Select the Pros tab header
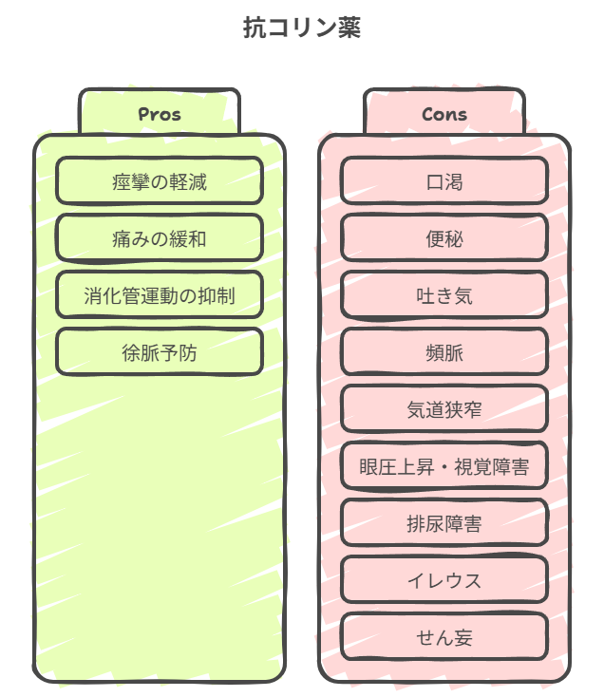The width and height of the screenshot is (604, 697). (x=159, y=114)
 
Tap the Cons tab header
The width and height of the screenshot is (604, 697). (x=444, y=114)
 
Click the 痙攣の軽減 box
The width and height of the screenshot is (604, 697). (x=159, y=181)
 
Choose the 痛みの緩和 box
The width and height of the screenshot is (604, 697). (x=159, y=238)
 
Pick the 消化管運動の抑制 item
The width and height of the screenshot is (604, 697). (x=159, y=295)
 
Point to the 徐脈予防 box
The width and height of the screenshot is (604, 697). (x=159, y=352)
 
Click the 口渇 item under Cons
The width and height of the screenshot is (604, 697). (x=444, y=181)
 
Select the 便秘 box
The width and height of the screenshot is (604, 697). (x=444, y=238)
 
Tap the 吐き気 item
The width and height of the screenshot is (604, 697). (x=444, y=295)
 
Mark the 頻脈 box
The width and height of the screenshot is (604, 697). (x=444, y=352)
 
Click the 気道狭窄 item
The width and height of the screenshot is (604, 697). (x=444, y=409)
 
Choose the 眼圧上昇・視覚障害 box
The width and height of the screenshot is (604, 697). (x=444, y=466)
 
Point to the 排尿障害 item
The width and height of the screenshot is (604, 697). (x=444, y=523)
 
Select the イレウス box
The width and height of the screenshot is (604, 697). (x=444, y=580)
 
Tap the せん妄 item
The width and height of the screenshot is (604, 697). (x=444, y=637)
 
